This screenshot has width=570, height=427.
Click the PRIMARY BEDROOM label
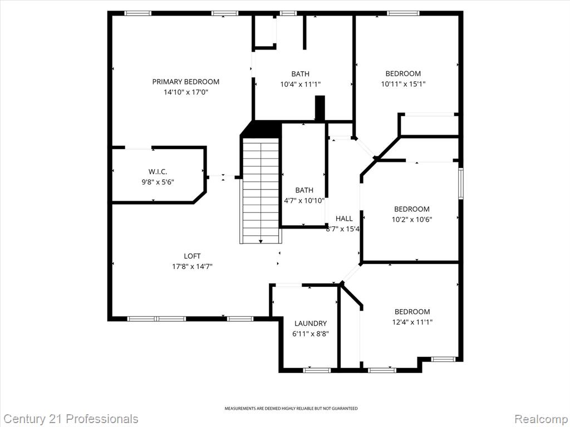(186, 82)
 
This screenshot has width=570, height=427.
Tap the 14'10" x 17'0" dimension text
(186, 92)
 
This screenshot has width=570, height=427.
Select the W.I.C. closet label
(158, 172)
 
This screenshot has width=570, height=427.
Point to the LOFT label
(192, 256)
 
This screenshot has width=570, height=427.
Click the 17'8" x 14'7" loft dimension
(192, 266)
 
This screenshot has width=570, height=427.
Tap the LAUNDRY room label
(311, 323)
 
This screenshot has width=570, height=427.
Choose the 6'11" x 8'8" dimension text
(311, 334)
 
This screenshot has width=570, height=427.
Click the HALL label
(344, 219)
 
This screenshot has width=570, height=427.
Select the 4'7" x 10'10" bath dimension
(304, 200)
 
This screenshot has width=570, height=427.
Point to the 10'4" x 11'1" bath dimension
(300, 85)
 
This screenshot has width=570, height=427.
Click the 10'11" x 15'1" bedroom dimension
(403, 84)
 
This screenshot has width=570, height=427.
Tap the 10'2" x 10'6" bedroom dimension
(412, 219)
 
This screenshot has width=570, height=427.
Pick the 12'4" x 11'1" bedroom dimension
(412, 322)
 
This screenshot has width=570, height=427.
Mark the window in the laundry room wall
(317, 370)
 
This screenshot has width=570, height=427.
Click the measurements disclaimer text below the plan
(291, 409)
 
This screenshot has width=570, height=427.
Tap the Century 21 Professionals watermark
(69, 419)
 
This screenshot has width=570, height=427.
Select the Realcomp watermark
(542, 419)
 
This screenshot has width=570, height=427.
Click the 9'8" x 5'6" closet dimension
(158, 182)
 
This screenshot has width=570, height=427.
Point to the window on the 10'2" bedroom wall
(461, 183)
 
